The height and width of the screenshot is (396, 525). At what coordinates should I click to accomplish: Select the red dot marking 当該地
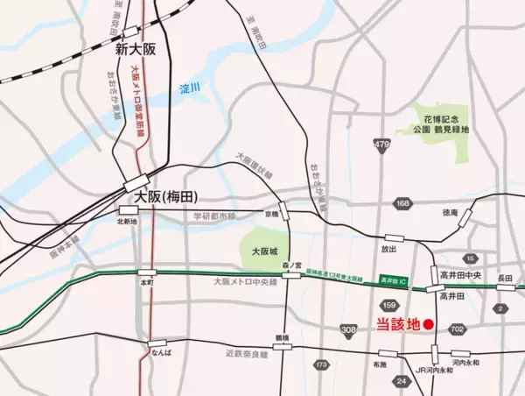(429, 324)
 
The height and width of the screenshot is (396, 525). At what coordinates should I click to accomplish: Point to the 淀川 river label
(190, 88)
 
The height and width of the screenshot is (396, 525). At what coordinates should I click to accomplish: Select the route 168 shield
(402, 205)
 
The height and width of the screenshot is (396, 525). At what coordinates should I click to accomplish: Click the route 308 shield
(349, 330)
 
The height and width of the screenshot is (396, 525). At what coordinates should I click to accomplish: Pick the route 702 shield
(456, 329)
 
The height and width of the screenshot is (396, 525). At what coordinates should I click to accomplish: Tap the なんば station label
(157, 352)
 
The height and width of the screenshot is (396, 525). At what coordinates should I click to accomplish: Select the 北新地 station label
(128, 222)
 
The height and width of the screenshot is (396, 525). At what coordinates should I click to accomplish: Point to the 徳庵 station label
(450, 213)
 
